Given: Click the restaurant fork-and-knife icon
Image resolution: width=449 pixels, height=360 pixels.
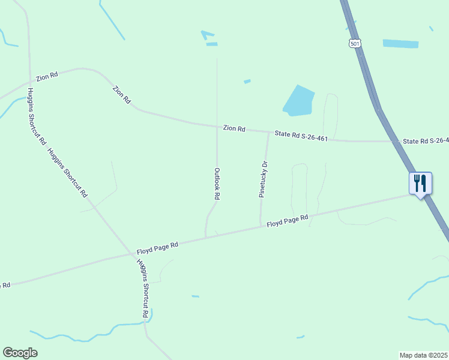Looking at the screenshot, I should [x=420, y=182].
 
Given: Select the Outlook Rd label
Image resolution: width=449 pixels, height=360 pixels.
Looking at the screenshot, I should [x=217, y=184].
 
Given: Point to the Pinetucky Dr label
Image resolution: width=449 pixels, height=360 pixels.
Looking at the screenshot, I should [x=262, y=179].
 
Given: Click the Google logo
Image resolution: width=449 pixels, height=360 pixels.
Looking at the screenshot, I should [x=20, y=353].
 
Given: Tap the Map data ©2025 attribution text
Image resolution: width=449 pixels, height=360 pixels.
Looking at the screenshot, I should [x=423, y=355].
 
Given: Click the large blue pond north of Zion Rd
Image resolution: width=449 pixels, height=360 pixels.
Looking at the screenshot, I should [x=299, y=100].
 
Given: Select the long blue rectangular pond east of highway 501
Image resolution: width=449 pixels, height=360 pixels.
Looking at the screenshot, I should [x=400, y=43].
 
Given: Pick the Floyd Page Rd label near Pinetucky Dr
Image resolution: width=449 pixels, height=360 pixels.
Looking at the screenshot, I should [x=287, y=221].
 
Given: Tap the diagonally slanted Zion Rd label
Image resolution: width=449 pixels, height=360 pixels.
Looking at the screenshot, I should [x=121, y=95].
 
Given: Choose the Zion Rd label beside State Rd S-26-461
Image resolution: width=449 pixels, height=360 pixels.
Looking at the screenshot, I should [x=234, y=128].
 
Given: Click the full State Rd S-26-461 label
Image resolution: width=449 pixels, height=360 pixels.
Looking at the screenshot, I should [x=301, y=137].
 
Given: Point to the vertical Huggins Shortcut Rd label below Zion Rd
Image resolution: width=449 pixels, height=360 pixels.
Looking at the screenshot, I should [x=36, y=116].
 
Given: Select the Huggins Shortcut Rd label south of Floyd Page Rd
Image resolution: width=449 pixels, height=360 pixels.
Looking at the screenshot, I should [x=143, y=289].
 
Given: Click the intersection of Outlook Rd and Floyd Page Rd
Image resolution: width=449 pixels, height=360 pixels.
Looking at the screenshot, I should [x=205, y=237].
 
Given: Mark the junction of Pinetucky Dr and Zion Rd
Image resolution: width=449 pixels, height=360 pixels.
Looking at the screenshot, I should [x=268, y=132].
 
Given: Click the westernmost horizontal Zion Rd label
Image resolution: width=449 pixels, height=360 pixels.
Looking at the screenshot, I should [x=47, y=76].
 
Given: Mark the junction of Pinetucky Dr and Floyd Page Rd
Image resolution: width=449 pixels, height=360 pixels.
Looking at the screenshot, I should [x=260, y=226].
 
